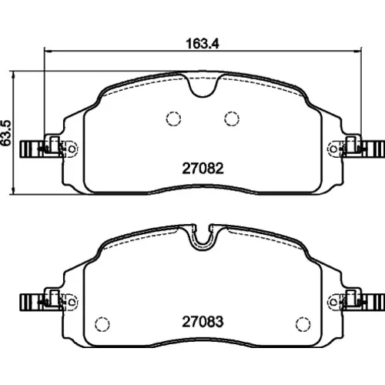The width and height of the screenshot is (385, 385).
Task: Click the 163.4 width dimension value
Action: tap(203, 44)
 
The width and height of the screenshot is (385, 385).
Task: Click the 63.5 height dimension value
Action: tap(6, 133)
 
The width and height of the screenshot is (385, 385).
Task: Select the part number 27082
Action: tap(203, 169)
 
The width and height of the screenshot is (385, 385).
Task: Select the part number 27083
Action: tap(203, 322)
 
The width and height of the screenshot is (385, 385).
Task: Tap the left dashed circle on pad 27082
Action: tap(173, 119)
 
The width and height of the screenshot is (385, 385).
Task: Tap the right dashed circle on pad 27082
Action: tap(232, 119)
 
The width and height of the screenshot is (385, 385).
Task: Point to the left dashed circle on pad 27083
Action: tap(102, 324)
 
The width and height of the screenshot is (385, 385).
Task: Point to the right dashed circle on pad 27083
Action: tap(303, 324)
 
